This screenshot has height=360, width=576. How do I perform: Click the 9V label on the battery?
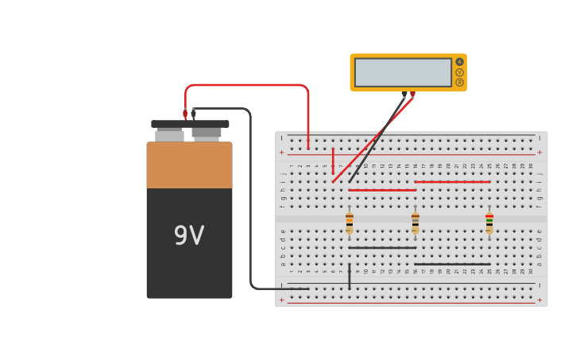[189, 236]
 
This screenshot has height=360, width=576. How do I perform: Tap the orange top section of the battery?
[189, 165]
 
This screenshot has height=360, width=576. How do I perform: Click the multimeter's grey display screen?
[403, 72]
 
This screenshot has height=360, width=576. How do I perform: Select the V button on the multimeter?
[459, 72]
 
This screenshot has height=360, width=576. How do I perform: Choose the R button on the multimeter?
[459, 83]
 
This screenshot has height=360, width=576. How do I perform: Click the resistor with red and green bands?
[489, 222]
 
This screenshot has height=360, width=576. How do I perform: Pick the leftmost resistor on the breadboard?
[350, 222]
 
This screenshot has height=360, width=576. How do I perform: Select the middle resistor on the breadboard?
[416, 222]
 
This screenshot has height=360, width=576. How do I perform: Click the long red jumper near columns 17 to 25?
[452, 182]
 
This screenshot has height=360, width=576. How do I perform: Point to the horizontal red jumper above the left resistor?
[382, 191]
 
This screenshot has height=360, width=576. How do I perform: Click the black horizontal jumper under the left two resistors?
[382, 248]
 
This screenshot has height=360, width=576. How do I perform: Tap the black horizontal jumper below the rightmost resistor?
[452, 265]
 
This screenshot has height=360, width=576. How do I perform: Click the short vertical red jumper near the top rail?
[333, 161]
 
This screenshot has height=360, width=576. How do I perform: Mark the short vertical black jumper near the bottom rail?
[350, 277]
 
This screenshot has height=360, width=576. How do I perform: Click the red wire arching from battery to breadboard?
[246, 85]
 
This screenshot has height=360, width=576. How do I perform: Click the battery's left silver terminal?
[169, 136]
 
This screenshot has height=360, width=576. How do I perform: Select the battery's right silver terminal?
[207, 134]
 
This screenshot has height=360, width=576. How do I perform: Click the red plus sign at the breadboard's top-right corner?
[539, 152]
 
